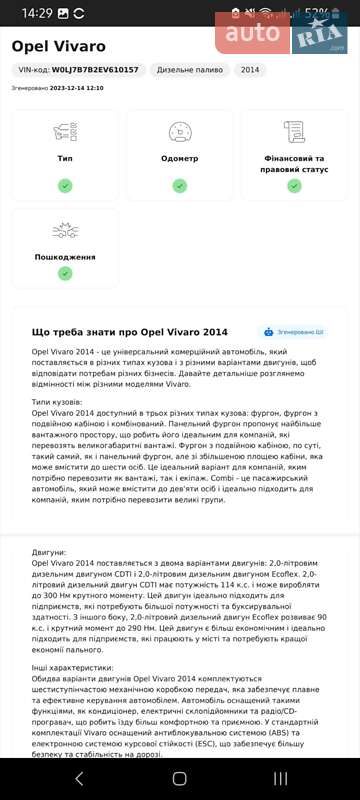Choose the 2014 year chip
tap(250, 70)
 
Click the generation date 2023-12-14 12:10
tap(80, 88)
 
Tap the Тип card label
tap(65, 159)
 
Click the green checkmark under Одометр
tap(180, 185)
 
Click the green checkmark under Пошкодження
tap(65, 272)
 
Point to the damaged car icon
tap(65, 231)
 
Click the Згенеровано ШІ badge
tap(293, 332)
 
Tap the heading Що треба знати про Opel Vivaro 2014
tap(130, 332)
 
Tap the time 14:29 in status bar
tap(37, 13)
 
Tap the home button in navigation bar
tap(180, 778)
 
